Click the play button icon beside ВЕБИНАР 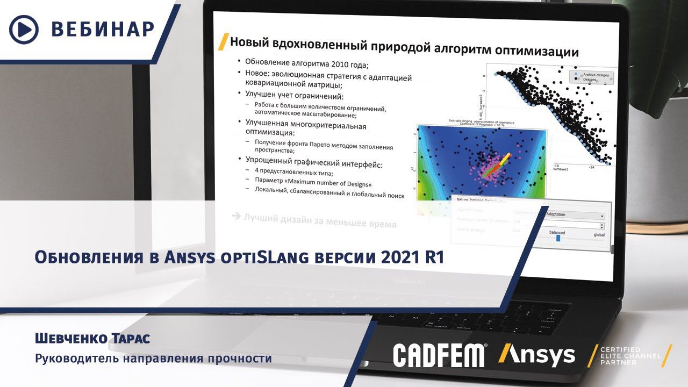[x=24, y=29]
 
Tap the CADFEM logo [x=439, y=356]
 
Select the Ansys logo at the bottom [x=536, y=355]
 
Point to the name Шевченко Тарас [x=92, y=339]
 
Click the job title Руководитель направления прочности [x=153, y=358]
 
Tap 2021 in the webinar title [x=402, y=257]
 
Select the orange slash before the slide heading [x=221, y=42]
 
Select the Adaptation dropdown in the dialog [x=574, y=214]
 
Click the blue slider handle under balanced [x=558, y=238]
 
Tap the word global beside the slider [x=599, y=235]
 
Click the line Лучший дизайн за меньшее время [x=320, y=220]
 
